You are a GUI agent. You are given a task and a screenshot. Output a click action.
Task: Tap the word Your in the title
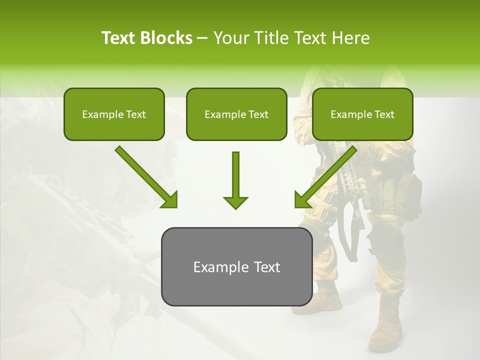[x=231, y=38]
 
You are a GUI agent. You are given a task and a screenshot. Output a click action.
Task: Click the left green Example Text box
[x=114, y=114]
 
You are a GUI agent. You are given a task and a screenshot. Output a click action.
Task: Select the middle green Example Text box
[x=236, y=114]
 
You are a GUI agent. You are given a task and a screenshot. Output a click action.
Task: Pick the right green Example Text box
[x=362, y=114]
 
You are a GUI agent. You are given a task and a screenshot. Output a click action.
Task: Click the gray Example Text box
[x=236, y=266]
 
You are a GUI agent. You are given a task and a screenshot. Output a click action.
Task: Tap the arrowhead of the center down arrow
[x=235, y=202]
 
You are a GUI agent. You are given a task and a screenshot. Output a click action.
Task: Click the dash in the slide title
[x=202, y=38]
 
